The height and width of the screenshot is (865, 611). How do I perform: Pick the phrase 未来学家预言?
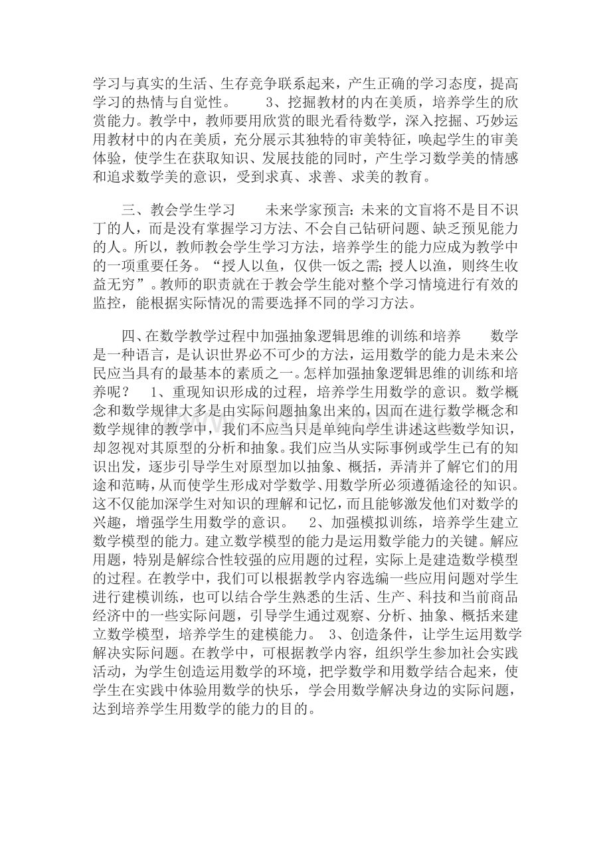[307, 210]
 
